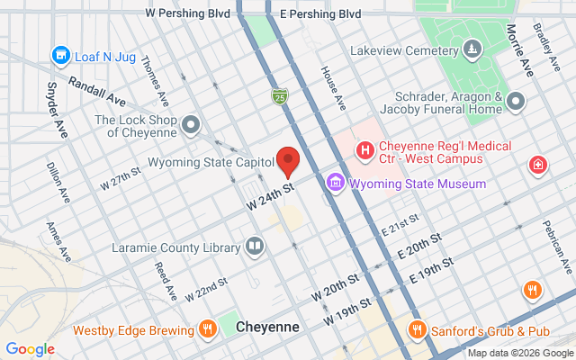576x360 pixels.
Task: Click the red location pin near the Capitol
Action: click(288, 159)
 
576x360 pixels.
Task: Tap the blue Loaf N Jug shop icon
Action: click(61, 57)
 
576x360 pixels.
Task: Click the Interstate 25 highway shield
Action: click(282, 94)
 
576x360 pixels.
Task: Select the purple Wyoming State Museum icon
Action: click(335, 184)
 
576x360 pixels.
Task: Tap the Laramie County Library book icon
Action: click(256, 246)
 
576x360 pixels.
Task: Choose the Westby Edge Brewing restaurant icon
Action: click(208, 328)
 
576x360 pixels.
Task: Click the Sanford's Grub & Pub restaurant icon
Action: click(416, 328)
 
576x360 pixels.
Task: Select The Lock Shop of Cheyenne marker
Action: click(190, 125)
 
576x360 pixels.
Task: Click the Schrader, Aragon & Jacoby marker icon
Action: click(516, 102)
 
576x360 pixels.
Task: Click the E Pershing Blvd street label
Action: click(319, 14)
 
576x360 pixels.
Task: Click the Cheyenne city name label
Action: click(267, 328)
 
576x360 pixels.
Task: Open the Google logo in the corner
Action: click(30, 349)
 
